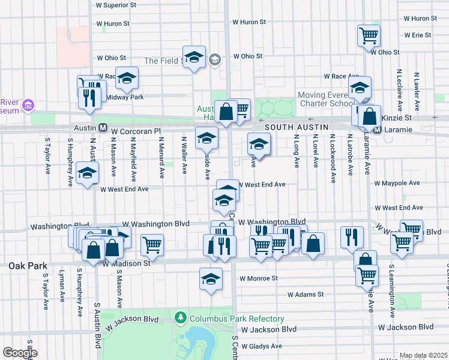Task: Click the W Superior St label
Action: [x=121, y=5]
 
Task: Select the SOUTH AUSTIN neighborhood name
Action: [x=296, y=128]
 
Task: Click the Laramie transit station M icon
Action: [x=377, y=130]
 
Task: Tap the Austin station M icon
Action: [x=103, y=128]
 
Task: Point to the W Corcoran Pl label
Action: [x=137, y=130]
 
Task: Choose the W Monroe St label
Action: [x=259, y=278]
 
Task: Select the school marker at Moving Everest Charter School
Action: [x=360, y=88]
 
